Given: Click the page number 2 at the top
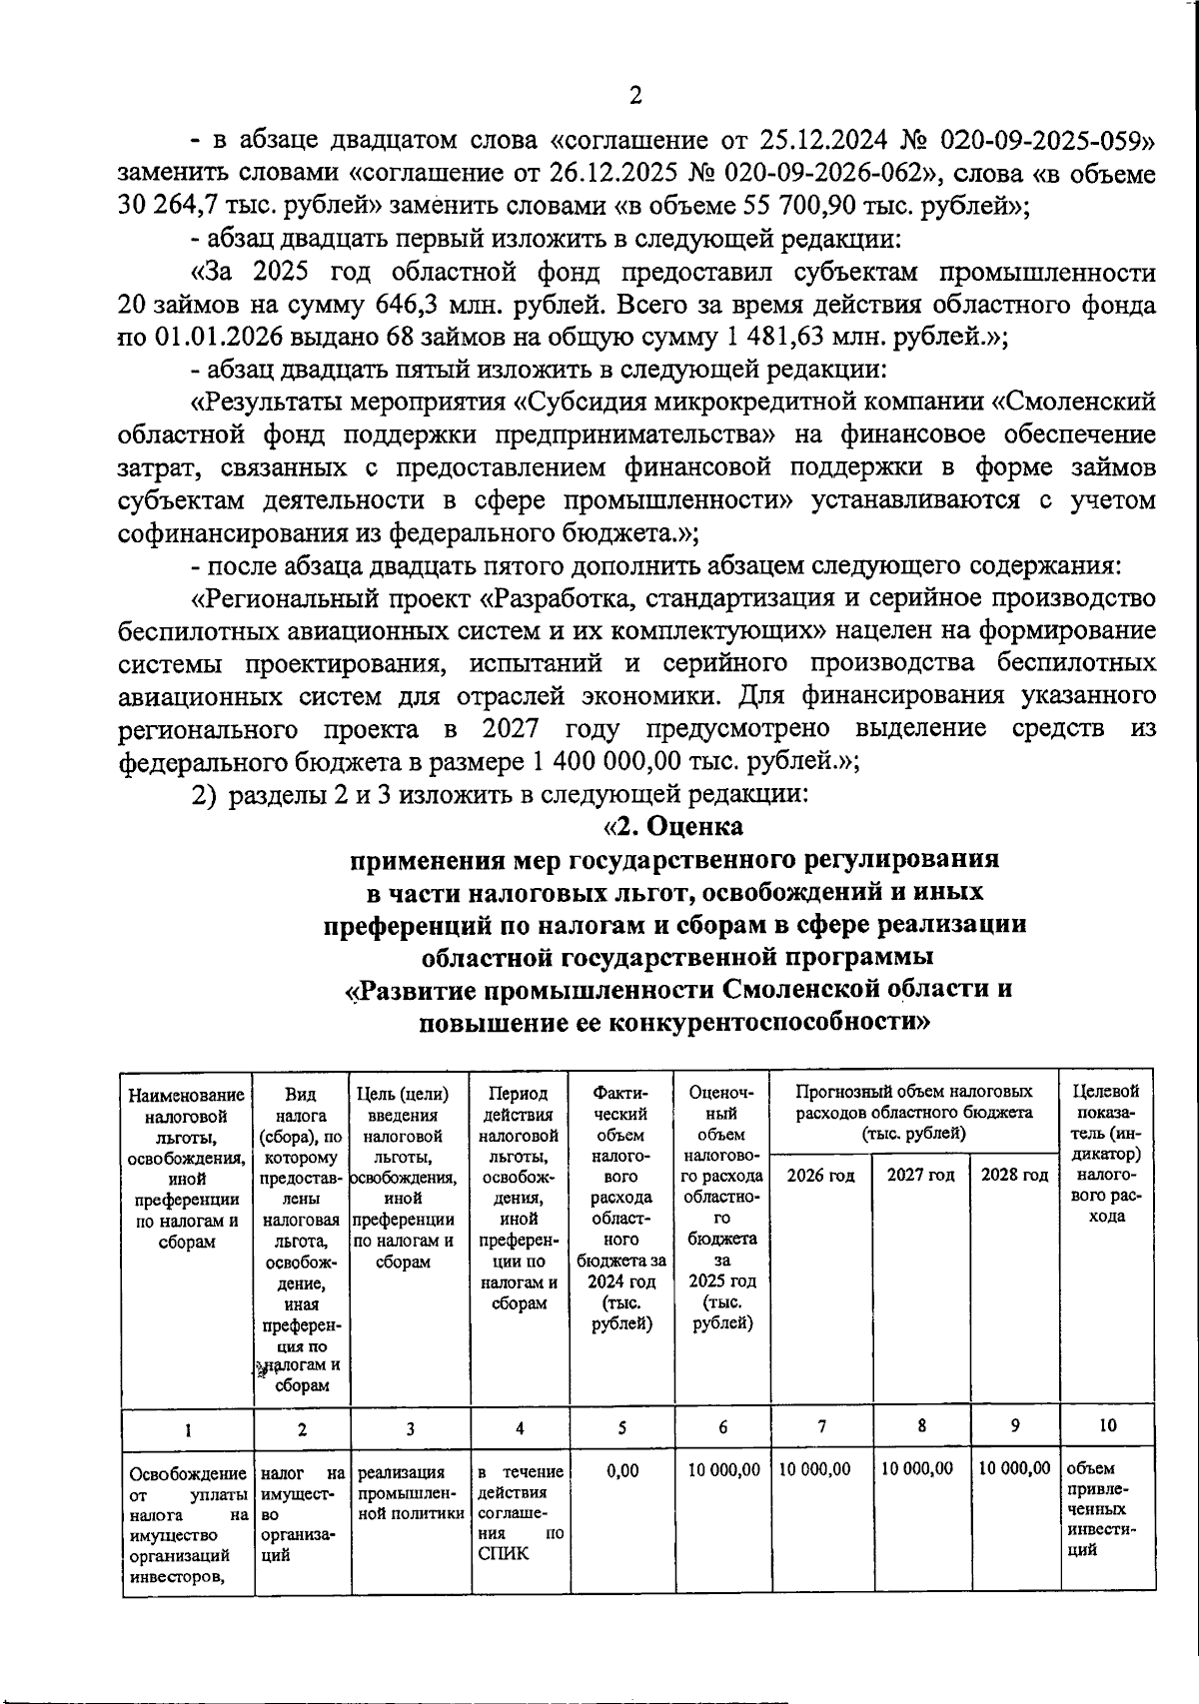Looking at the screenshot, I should click(x=634, y=96).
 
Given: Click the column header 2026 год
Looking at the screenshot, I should click(x=820, y=1176).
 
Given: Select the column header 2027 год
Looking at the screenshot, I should click(x=920, y=1176).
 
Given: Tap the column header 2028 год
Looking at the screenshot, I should click(x=1013, y=1176).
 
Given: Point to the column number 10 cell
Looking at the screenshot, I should click(x=1107, y=1426).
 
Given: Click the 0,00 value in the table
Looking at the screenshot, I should click(x=621, y=1470).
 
